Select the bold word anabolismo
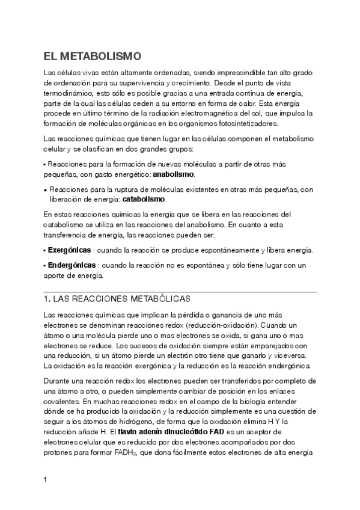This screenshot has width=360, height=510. click(174, 174)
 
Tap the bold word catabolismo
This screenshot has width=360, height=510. click(144, 199)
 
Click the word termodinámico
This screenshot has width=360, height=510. click(67, 94)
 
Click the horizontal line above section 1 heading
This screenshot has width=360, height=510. click(180, 292)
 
